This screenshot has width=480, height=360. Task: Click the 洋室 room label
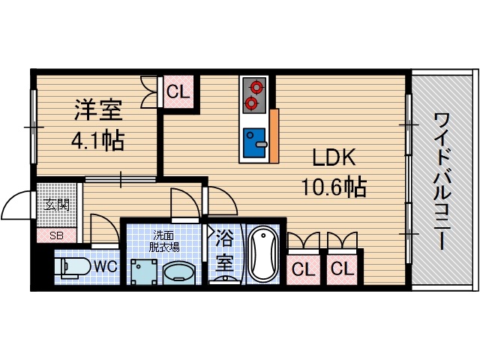[x=97, y=110]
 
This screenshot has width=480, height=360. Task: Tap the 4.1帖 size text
[x=98, y=140]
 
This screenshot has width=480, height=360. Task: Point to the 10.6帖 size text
[x=333, y=187]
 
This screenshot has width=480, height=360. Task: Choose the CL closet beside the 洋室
[x=178, y=94]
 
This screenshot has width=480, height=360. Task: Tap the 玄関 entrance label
[x=55, y=203]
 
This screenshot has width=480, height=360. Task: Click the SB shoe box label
[x=56, y=235]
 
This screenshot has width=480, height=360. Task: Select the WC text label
[x=103, y=265]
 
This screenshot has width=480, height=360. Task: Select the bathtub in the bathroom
[x=262, y=253]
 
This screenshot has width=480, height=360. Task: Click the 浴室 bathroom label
[x=224, y=253]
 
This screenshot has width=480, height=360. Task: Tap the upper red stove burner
[x=253, y=86]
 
